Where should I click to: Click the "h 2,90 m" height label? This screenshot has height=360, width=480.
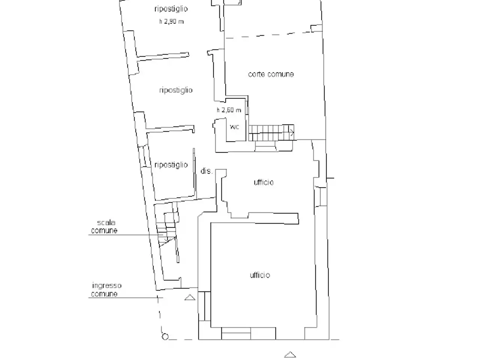click(171, 21)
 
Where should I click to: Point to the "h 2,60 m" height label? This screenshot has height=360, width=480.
click(229, 110)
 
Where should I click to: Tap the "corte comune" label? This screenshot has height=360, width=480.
click(271, 74)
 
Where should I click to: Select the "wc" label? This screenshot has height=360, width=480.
click(234, 127)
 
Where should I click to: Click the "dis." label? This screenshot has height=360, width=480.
click(207, 171)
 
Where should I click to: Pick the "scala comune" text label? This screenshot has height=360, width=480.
click(104, 226)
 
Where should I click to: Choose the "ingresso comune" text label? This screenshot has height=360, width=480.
click(106, 289)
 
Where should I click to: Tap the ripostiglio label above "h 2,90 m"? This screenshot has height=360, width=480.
click(171, 9)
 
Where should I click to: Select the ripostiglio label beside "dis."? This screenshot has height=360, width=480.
click(171, 165)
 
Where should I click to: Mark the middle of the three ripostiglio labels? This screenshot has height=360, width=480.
click(176, 90)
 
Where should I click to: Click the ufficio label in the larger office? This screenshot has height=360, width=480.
click(260, 275)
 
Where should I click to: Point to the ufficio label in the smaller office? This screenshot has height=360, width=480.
click(264, 182)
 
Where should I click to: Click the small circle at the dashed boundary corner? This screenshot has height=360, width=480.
click(165, 336)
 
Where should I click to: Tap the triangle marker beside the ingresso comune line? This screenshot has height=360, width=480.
click(190, 297)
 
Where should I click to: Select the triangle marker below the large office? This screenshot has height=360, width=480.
click(290, 354)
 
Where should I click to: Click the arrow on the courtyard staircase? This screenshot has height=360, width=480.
click(291, 132)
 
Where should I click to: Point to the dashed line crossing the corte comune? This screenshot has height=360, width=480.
click(273, 35)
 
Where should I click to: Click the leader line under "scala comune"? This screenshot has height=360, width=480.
click(126, 235)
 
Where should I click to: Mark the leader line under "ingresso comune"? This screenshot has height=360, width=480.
click(126, 298)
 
